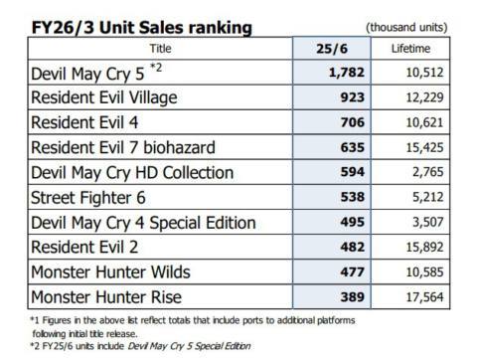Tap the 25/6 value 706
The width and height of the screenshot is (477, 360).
pos(338,122)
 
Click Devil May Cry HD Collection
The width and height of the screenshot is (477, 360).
pos(128,171)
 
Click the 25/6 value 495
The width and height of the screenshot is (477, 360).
pos(338,220)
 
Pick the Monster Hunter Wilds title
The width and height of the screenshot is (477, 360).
pos(110,270)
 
